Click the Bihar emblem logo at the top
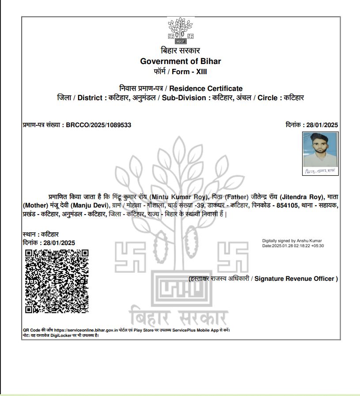point(180,31)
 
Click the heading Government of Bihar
point(180,61)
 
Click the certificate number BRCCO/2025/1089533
point(98,125)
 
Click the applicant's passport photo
point(320,150)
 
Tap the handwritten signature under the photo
point(320,171)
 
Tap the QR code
point(57,281)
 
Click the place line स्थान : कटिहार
point(41,234)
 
